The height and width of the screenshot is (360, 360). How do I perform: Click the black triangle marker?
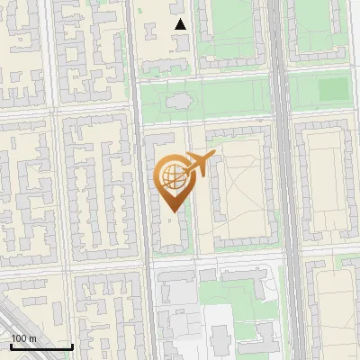tap(181, 24)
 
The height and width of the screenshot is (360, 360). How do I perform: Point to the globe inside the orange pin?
tap(172, 175)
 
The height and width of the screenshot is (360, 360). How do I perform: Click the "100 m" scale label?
tap(23, 338)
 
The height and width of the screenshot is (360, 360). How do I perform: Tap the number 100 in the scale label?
tap(19, 338)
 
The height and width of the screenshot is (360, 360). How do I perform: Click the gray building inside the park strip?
tap(179, 100)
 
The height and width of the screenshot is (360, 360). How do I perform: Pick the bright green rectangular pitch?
tap(333, 89)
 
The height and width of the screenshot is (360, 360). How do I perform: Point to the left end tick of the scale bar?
tap(11, 346)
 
